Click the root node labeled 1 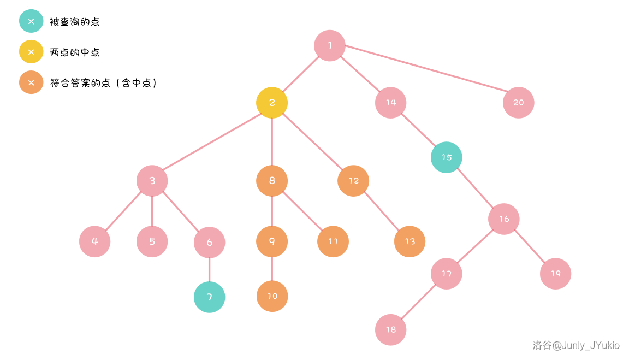coord(330,46)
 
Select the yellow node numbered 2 coord(272,103)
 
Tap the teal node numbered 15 coord(447,157)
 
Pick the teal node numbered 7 coord(210,297)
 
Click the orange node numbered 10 coord(272,296)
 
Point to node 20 coord(518,103)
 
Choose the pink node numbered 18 coord(391,330)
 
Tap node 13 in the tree coord(410,241)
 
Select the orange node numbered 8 coord(272,181)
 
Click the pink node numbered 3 coord(152,181)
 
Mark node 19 coord(555,274)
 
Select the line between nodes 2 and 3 coord(212,141)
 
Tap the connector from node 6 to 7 coord(210,270)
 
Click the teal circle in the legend coord(31,21)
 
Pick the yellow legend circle coord(31,52)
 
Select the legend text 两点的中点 coord(74,52)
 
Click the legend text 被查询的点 coord(74,22)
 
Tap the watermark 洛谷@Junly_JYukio coord(576,345)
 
